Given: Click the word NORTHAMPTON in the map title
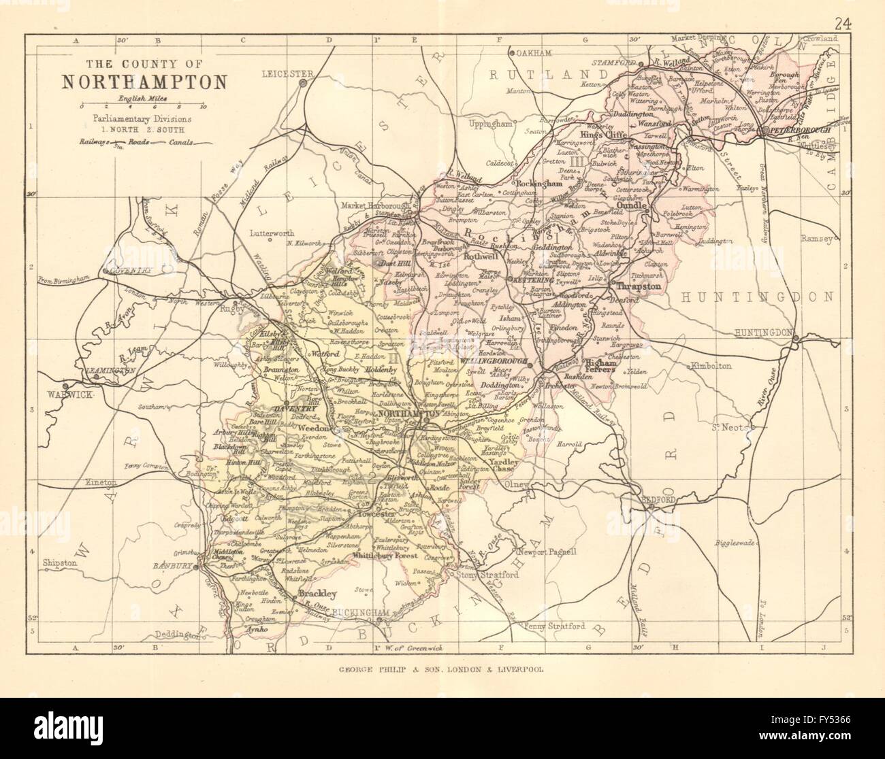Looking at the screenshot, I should point(145,82).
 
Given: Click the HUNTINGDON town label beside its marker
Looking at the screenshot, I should point(763,333).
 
